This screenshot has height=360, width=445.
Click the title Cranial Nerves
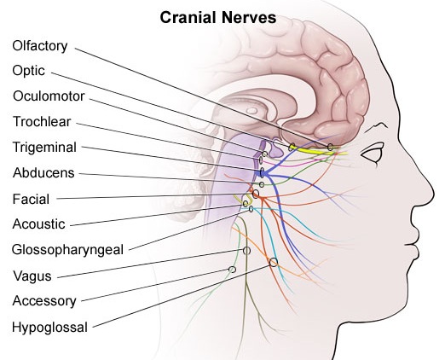[x=218, y=18]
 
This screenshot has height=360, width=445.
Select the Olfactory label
[x=40, y=46]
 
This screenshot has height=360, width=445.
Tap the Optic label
[x=28, y=71]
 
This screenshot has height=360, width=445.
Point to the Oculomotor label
[x=49, y=96]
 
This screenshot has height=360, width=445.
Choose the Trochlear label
[x=42, y=122]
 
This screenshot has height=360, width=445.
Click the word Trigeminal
[x=44, y=148]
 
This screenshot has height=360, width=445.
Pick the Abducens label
[x=43, y=173]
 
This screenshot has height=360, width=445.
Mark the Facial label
[x=31, y=199]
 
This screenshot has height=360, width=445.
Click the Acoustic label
[x=39, y=224]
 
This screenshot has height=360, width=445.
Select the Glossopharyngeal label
[x=67, y=250]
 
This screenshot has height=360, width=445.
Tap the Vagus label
[x=32, y=276]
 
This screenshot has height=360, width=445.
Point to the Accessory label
[x=44, y=301]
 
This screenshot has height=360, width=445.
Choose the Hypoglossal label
[x=49, y=328]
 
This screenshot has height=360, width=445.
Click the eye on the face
[x=373, y=154]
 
